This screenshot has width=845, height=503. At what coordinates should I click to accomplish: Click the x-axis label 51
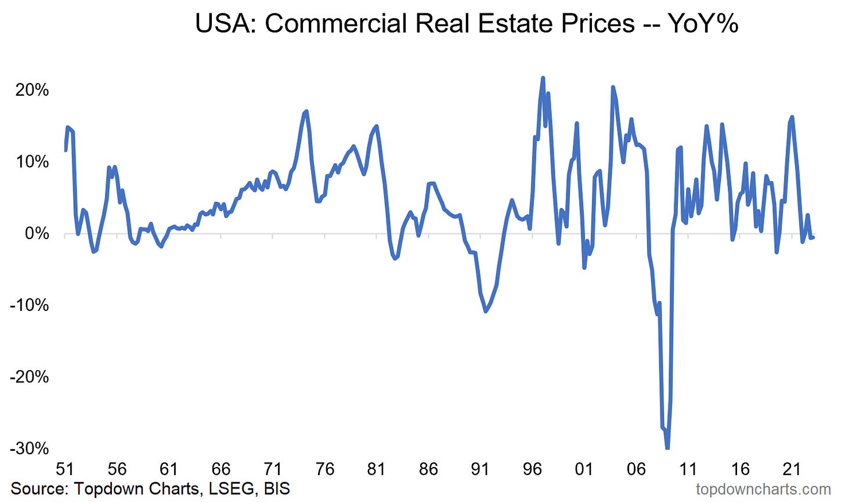click(x=65, y=469)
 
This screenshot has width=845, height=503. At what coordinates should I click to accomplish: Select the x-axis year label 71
click(x=273, y=469)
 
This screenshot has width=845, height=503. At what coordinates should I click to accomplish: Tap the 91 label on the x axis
click(x=481, y=469)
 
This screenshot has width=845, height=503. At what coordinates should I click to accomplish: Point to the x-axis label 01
click(x=584, y=469)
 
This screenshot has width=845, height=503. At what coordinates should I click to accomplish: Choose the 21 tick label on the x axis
click(x=792, y=469)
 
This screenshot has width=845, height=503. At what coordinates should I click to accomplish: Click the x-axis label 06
click(x=637, y=469)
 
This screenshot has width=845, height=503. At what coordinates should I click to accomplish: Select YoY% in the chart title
click(x=703, y=24)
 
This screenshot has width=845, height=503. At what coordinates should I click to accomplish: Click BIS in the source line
click(x=276, y=488)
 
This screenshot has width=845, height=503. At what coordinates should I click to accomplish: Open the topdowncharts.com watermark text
click(x=763, y=490)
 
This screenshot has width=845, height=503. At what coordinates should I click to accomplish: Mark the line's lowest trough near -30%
click(x=667, y=447)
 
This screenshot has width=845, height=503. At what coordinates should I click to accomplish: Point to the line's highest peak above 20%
click(x=543, y=78)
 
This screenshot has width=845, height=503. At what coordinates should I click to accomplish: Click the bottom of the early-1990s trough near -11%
click(x=486, y=312)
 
